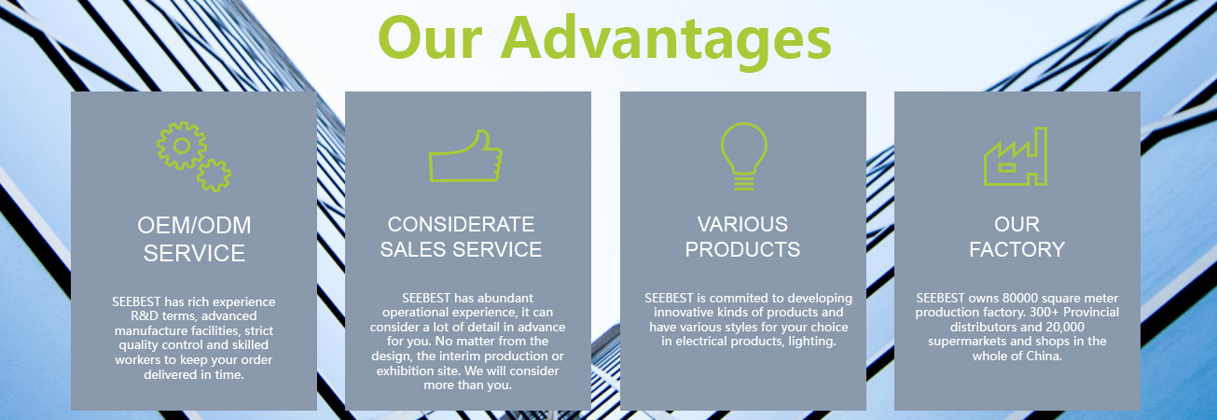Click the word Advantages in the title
666,42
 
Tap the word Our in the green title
430,38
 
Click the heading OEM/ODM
194,225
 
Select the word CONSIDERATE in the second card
461,224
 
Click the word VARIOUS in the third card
742,224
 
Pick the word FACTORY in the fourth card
1016,250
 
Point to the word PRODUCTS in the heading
742,250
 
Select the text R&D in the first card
144,316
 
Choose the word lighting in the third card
812,342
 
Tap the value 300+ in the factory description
1044,313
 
